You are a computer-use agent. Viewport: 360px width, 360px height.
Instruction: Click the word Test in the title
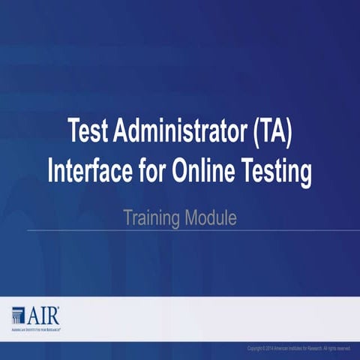tap(90, 133)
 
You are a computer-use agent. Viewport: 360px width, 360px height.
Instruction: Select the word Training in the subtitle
tap(151, 219)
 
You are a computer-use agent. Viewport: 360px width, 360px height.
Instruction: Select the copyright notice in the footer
tap(298, 348)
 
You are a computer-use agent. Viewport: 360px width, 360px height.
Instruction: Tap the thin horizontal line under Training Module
tap(180, 230)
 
